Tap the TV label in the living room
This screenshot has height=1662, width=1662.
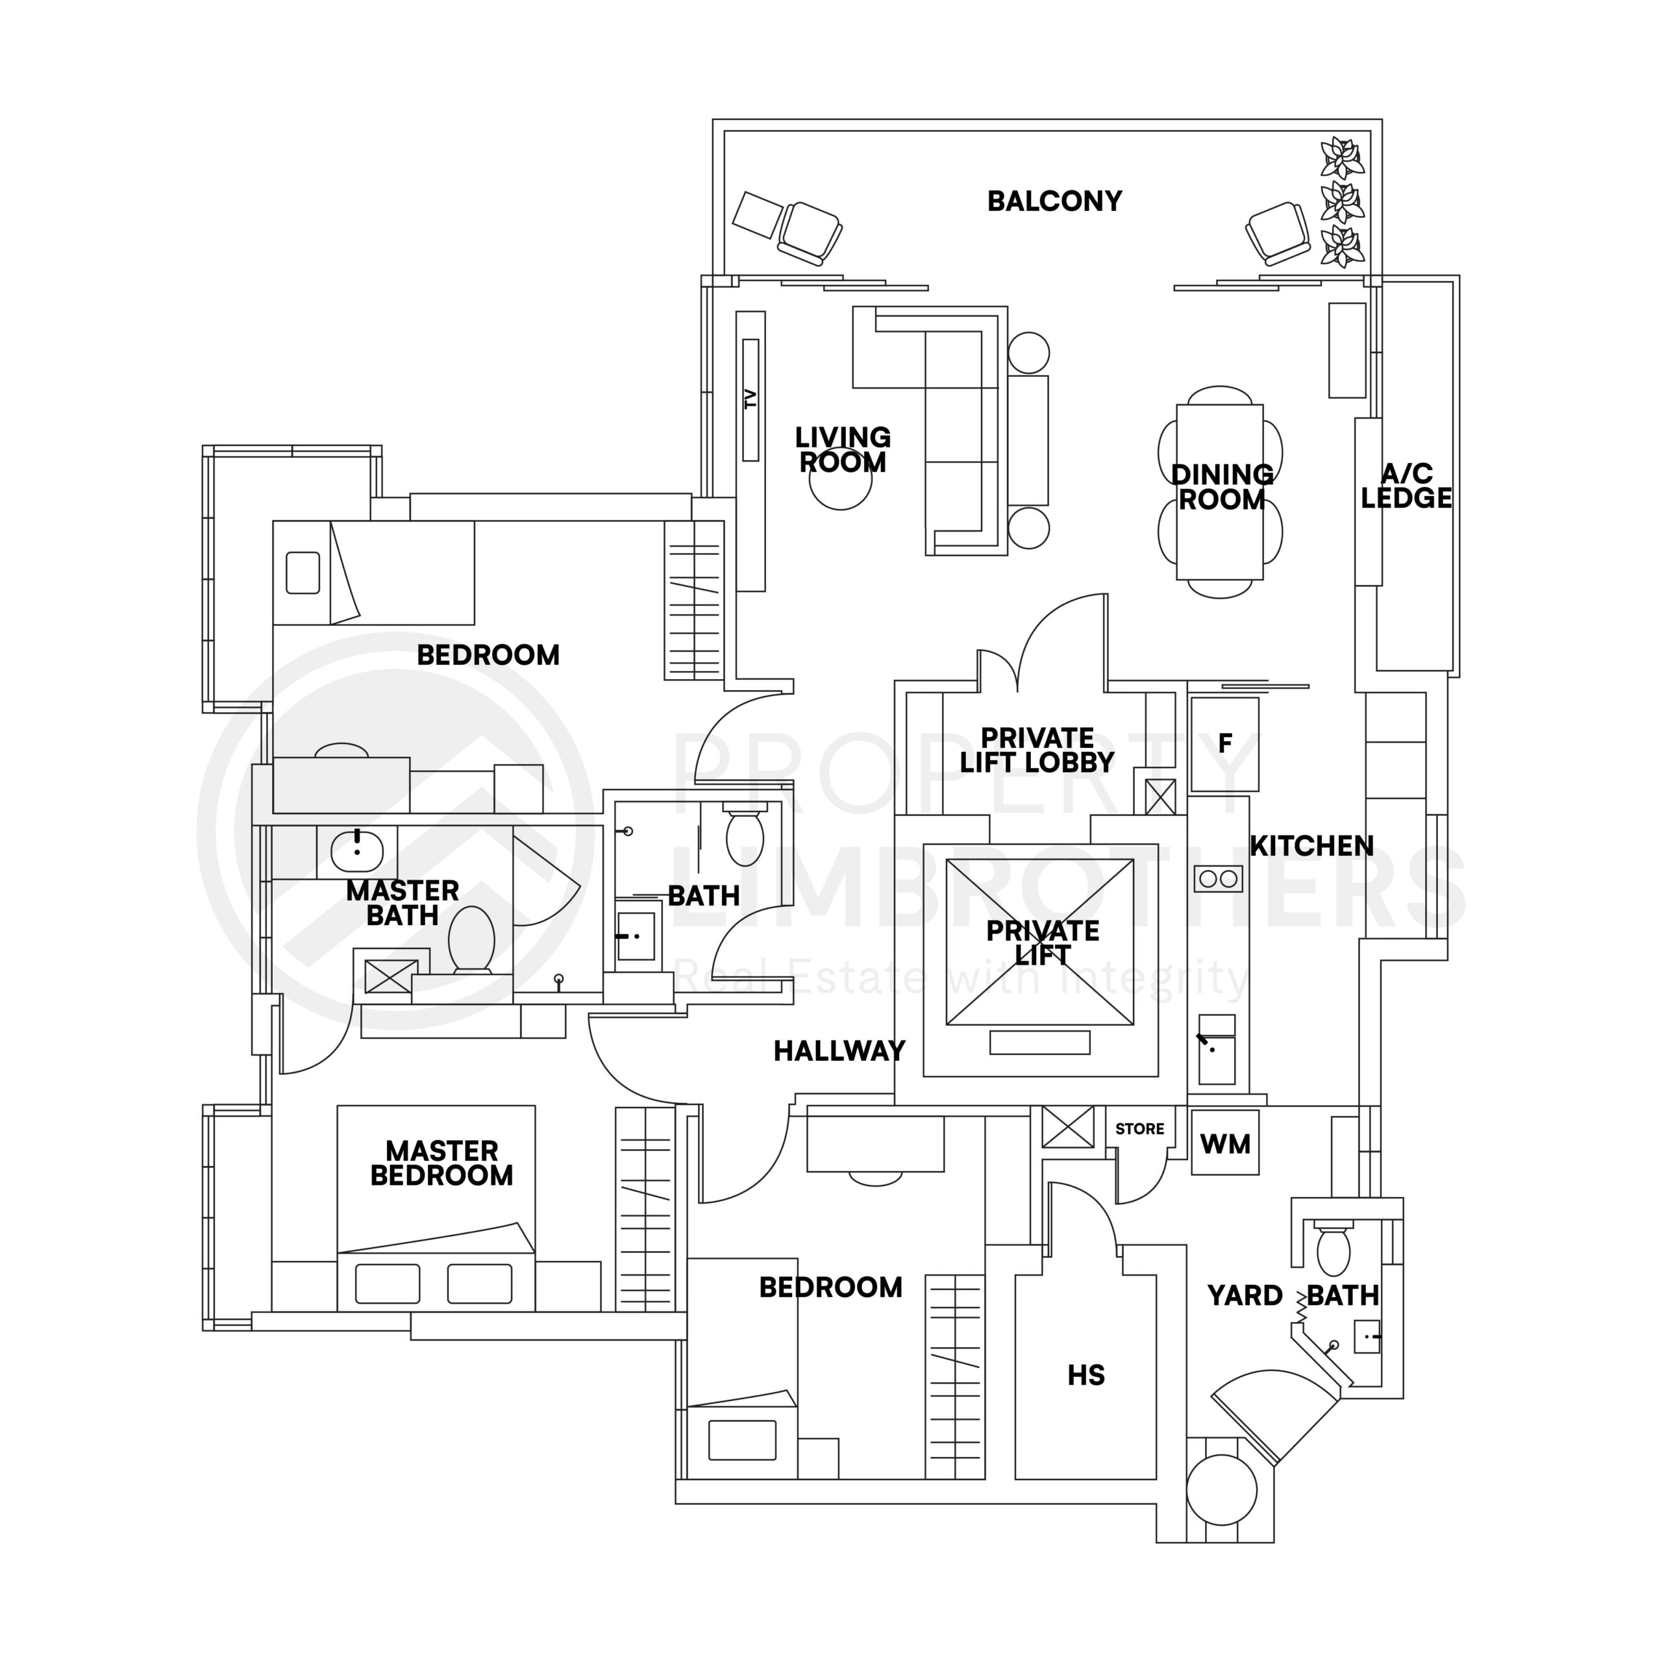pyautogui.click(x=750, y=399)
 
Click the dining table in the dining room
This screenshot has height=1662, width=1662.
pyautogui.click(x=1220, y=492)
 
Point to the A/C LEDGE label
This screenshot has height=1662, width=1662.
pyautogui.click(x=1406, y=486)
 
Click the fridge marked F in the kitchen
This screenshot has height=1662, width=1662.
pyautogui.click(x=1224, y=744)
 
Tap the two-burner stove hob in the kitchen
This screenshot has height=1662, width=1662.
pyautogui.click(x=1218, y=879)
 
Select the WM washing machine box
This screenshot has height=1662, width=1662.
pyautogui.click(x=1225, y=1144)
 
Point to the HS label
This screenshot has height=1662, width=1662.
pyautogui.click(x=1085, y=1376)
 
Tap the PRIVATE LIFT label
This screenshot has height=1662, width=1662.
pyautogui.click(x=1042, y=943)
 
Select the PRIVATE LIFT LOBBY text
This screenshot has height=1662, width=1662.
pyautogui.click(x=1037, y=750)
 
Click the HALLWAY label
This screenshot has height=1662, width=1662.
pyautogui.click(x=839, y=1050)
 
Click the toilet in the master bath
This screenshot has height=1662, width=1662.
pyautogui.click(x=471, y=939)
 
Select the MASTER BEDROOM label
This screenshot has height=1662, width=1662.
pyautogui.click(x=441, y=1163)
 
